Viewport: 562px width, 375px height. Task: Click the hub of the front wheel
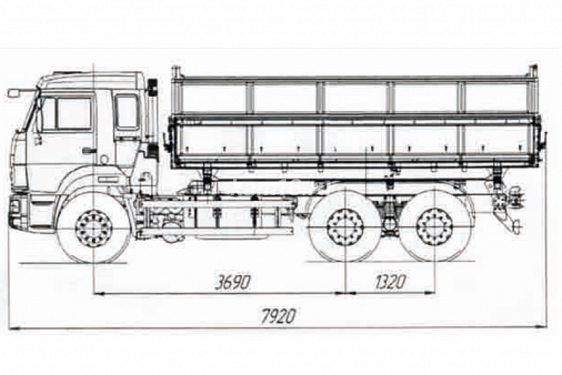(x=93, y=228)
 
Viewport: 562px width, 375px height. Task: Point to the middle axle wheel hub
(x=345, y=228)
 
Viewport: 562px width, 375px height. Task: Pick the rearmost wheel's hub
(x=434, y=228)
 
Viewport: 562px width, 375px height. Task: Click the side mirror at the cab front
(x=13, y=93)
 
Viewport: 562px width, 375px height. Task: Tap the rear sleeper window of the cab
(x=127, y=112)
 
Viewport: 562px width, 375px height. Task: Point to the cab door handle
(x=89, y=150)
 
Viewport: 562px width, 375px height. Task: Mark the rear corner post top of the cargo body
(x=533, y=71)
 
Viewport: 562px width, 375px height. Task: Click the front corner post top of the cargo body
(x=176, y=72)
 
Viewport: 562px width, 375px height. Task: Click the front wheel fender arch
(x=92, y=187)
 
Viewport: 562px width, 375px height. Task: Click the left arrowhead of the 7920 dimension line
(x=11, y=328)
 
